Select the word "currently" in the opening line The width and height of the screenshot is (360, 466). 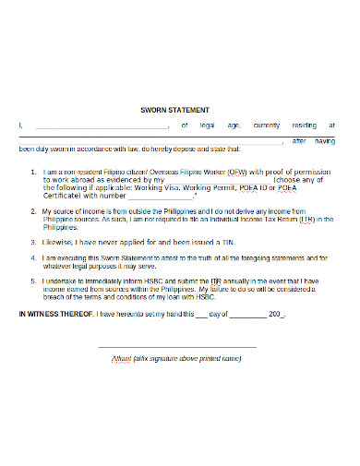tap(266, 125)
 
